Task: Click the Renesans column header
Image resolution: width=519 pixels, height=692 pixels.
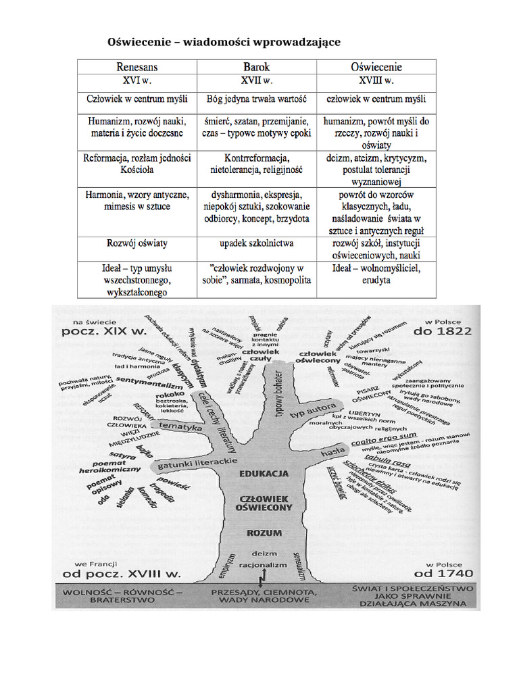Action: (137, 67)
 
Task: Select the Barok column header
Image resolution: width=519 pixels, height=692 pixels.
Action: (256, 67)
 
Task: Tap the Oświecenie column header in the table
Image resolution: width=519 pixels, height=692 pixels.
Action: (376, 67)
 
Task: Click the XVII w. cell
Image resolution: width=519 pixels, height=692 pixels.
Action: (256, 81)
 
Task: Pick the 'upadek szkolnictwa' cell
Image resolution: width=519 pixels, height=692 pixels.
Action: (256, 242)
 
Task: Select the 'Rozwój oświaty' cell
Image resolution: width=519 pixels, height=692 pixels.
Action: (137, 242)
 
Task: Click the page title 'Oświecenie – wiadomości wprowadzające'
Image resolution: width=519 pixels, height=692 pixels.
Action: (224, 43)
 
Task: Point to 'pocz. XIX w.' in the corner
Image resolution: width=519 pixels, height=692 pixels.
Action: (104, 332)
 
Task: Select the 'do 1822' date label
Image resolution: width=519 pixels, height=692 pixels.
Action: (443, 331)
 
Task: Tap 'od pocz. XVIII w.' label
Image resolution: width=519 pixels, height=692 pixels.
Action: (122, 574)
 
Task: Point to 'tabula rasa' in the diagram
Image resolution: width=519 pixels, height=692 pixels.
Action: (380, 459)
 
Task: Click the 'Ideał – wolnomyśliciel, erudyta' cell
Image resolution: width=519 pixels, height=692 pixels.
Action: (376, 274)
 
